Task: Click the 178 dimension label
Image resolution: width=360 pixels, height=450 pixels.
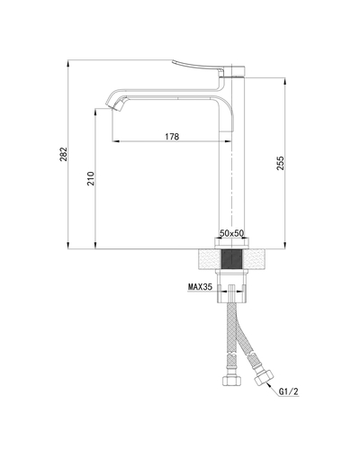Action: click(171, 137)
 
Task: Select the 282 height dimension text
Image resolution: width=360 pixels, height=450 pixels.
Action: click(63, 155)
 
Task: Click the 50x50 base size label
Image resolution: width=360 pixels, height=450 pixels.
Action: click(232, 234)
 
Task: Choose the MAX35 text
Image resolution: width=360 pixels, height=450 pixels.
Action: click(201, 288)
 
